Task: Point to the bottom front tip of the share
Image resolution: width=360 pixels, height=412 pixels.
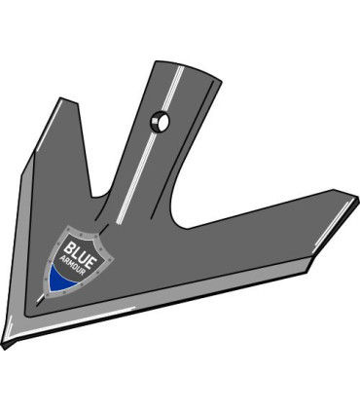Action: (8, 342)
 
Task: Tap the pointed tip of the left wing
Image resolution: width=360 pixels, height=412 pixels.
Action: (61, 99)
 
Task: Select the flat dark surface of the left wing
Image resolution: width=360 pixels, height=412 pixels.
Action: (54, 185)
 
